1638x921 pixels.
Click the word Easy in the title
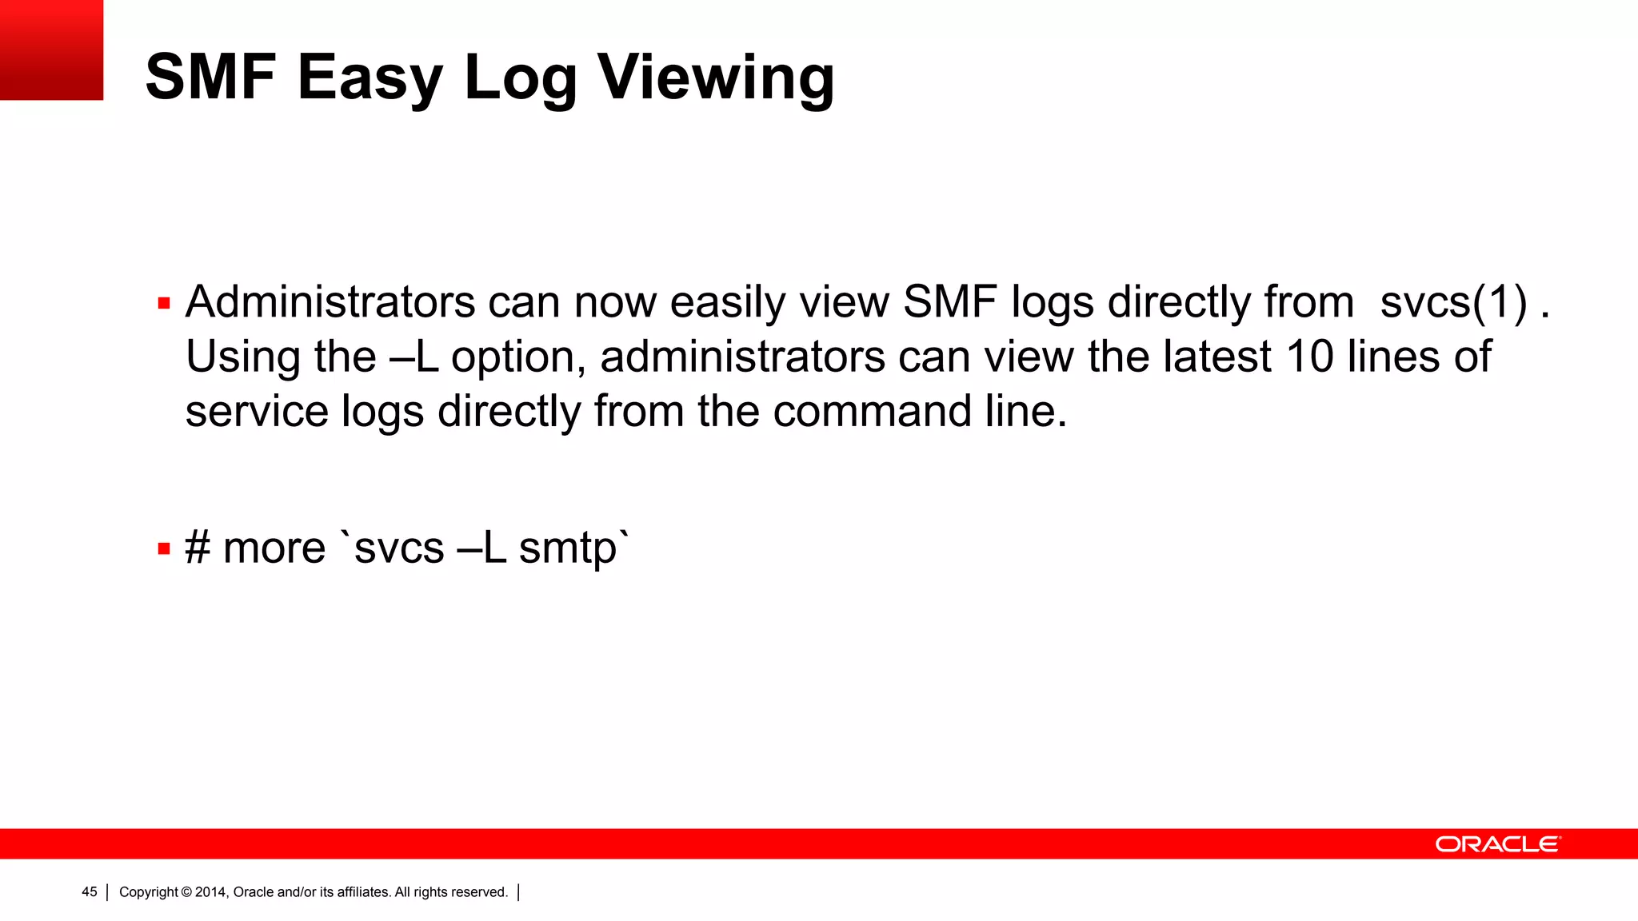(370, 78)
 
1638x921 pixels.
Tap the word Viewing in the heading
(716, 78)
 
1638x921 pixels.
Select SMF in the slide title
(210, 78)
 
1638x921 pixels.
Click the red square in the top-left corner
(51, 50)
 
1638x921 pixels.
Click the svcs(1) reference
(1453, 303)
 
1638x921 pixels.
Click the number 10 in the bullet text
(1310, 357)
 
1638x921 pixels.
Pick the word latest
(1217, 357)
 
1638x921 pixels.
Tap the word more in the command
(274, 548)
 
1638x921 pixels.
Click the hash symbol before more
(198, 548)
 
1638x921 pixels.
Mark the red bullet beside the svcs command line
(164, 548)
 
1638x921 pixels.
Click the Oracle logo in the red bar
(1497, 844)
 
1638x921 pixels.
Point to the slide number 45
(90, 892)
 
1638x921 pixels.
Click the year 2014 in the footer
(210, 892)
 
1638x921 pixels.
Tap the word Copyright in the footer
(149, 892)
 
